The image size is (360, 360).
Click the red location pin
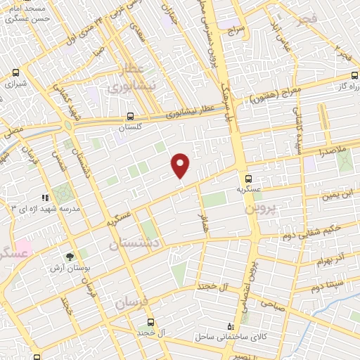[x=181, y=165]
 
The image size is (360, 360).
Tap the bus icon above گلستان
[x=129, y=117]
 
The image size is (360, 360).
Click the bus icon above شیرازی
[x=15, y=72]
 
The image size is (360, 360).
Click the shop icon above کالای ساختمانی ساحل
[x=231, y=327]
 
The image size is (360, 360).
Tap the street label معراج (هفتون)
[x=276, y=95]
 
